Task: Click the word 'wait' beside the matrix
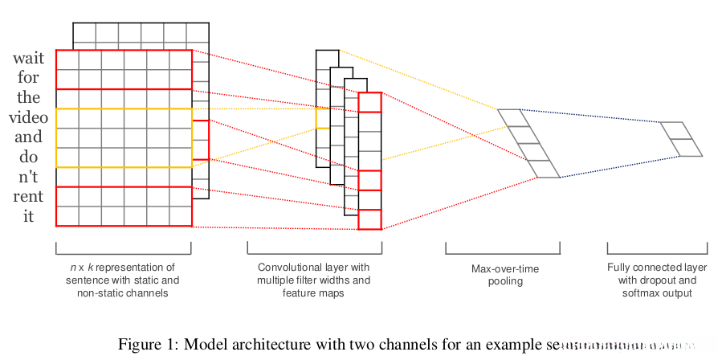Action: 28,59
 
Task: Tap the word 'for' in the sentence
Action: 29,79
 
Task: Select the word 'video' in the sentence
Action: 28,117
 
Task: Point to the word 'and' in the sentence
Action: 29,137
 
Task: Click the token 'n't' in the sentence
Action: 29,177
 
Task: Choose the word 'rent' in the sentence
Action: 29,196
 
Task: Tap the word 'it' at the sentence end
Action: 29,215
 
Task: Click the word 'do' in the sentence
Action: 29,157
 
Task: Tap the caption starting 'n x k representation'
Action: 123,280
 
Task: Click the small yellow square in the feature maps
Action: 322,118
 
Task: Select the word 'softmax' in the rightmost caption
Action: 642,293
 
